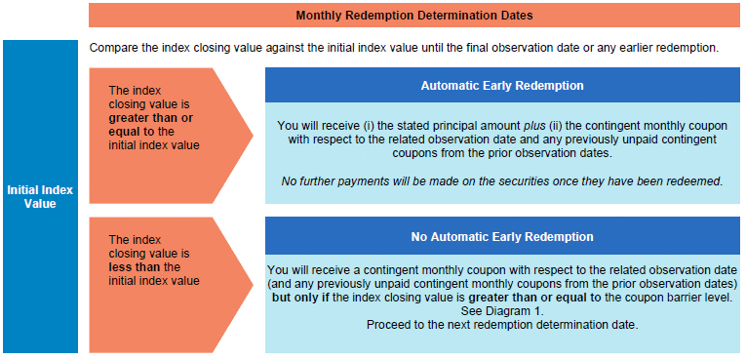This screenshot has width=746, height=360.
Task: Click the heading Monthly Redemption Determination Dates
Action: pyautogui.click(x=413, y=16)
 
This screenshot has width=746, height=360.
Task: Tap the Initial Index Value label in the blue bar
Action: pyautogui.click(x=40, y=197)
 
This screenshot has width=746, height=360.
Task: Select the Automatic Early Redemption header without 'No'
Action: pyautogui.click(x=502, y=86)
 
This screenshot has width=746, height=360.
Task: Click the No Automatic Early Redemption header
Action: pyautogui.click(x=502, y=237)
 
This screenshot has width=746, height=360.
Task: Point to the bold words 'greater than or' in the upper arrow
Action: pyautogui.click(x=151, y=118)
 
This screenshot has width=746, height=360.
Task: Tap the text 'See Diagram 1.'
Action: pyautogui.click(x=501, y=312)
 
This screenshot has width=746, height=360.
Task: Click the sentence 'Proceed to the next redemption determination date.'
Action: pyautogui.click(x=502, y=326)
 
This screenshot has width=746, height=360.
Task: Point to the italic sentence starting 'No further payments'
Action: pyautogui.click(x=502, y=181)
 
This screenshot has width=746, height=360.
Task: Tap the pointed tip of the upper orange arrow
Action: pyautogui.click(x=253, y=136)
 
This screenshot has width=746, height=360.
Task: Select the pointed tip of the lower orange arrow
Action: pyautogui.click(x=253, y=285)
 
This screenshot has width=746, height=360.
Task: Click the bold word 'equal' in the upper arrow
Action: pyautogui.click(x=122, y=132)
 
